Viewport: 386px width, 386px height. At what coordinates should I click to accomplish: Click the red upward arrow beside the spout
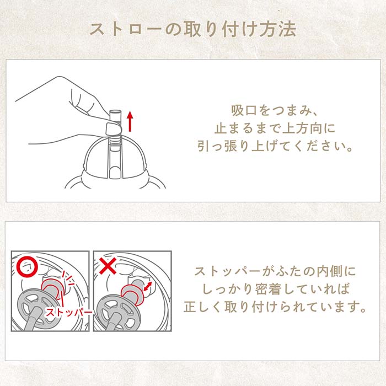130,121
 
